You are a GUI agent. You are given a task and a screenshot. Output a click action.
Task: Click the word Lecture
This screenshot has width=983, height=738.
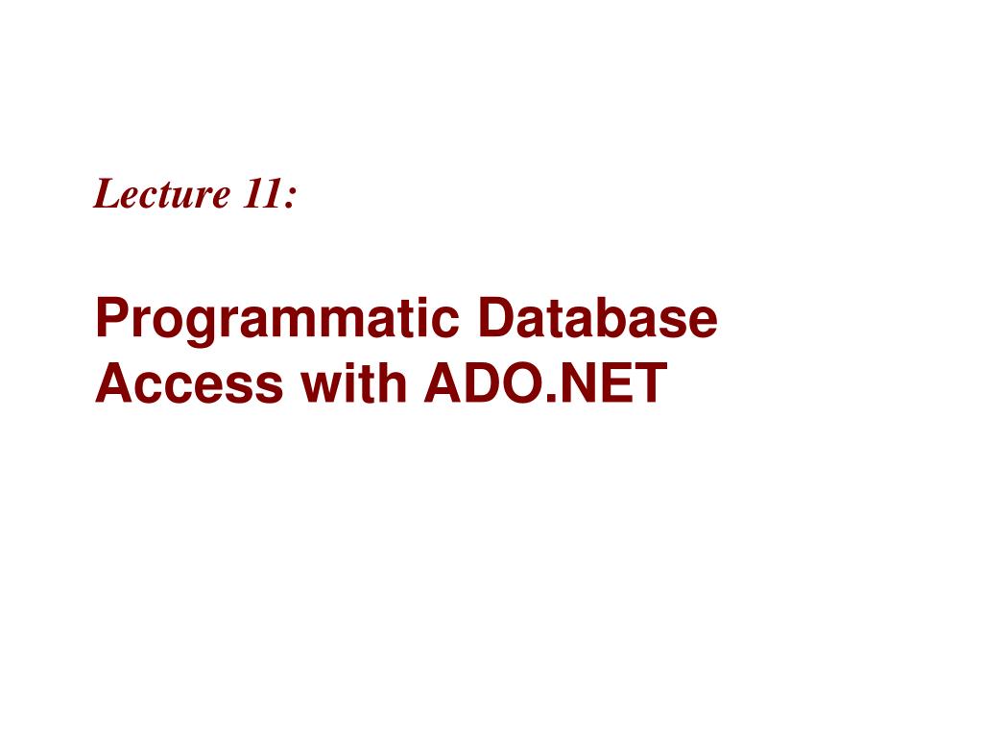(x=161, y=193)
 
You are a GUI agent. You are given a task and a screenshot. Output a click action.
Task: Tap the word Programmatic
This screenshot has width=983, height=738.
(x=277, y=321)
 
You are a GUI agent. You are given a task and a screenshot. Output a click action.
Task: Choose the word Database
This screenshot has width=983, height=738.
(x=597, y=317)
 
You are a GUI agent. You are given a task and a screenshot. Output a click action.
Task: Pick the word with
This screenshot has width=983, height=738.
(x=354, y=381)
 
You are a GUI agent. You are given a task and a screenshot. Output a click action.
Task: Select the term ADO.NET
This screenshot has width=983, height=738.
(x=545, y=382)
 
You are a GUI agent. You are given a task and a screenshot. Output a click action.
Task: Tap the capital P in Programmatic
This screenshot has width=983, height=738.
(x=113, y=317)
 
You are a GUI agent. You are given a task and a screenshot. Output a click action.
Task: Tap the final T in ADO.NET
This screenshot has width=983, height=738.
(x=650, y=382)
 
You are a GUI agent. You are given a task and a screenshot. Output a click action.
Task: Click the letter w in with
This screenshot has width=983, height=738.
(x=323, y=388)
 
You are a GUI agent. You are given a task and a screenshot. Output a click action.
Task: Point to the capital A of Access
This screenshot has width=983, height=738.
(x=115, y=382)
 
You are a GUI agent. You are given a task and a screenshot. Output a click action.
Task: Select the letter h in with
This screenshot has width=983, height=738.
(x=393, y=382)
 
